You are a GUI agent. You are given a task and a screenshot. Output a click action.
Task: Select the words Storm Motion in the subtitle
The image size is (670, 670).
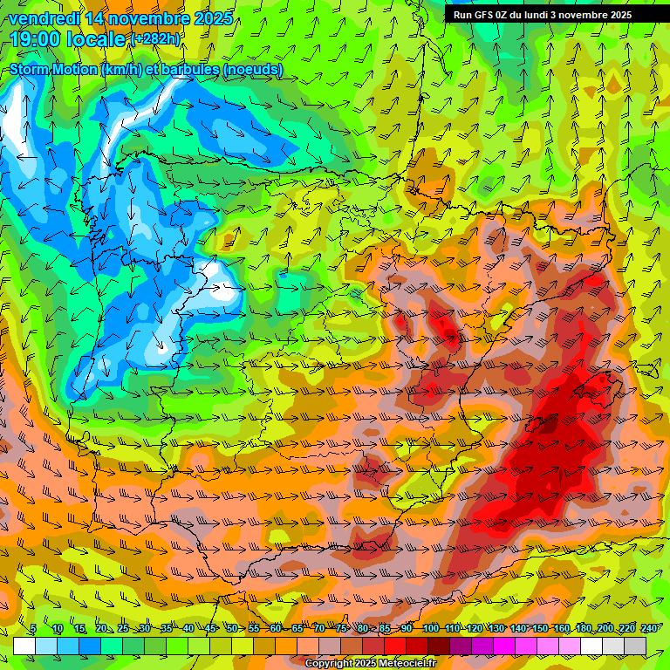pyautogui.click(x=52, y=70)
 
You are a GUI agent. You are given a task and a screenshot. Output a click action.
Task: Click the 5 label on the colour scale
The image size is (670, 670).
pyautogui.click(x=33, y=628)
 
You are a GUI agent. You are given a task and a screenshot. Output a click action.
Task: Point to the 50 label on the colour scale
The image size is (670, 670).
pyautogui.click(x=231, y=628)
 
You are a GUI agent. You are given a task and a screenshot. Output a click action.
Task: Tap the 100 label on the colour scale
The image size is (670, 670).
pyautogui.click(x=430, y=628)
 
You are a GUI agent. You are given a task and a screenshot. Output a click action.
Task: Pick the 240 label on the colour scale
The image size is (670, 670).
pyautogui.click(x=649, y=628)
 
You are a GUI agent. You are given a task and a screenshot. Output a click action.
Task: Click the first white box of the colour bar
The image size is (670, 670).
pyautogui.click(x=24, y=646)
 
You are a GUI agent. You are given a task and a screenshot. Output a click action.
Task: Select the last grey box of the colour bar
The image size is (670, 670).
pyautogui.click(x=635, y=646)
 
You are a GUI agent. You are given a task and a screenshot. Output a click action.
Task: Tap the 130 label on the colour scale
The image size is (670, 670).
pyautogui.click(x=496, y=628)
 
